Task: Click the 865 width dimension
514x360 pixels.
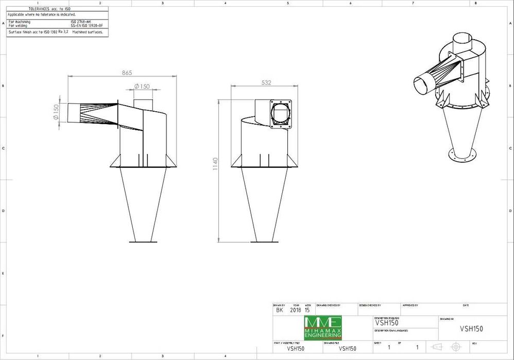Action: (x=127, y=73)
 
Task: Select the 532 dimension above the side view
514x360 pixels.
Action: (x=266, y=82)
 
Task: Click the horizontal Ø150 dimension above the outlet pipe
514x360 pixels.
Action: (x=142, y=87)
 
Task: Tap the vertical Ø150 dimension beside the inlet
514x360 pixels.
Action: (x=56, y=112)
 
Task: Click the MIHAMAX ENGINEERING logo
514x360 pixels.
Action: (x=322, y=327)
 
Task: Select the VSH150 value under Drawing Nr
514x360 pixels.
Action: (x=471, y=329)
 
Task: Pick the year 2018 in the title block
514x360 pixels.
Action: (x=296, y=311)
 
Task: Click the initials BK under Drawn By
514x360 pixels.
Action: (x=279, y=311)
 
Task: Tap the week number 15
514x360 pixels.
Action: (x=307, y=311)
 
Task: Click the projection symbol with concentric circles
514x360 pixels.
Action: (x=455, y=347)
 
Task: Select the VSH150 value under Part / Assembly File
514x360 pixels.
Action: (x=296, y=349)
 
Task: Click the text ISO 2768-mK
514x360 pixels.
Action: (x=81, y=22)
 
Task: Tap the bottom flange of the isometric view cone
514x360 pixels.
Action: (x=461, y=155)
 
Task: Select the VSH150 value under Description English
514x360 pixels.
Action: (x=386, y=323)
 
